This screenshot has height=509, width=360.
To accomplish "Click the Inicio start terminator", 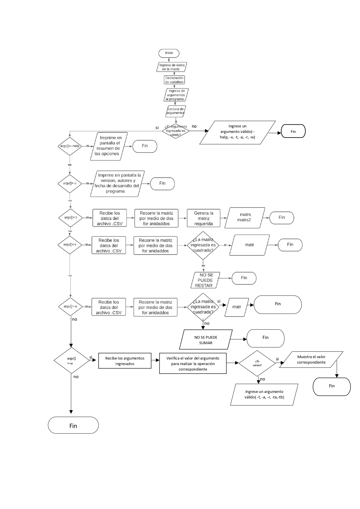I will point(169,53).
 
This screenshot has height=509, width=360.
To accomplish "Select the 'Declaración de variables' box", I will point(174,80).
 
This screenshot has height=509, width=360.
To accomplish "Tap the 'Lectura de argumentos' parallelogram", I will point(176,111).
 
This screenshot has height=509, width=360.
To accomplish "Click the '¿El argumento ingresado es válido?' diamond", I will point(176,131).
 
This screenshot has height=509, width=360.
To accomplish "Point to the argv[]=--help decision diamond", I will point(70,146).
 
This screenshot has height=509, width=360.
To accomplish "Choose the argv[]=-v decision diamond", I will point(70,183).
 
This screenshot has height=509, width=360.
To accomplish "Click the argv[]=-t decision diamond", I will point(70,217).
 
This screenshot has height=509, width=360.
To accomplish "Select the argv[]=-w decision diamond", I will point(71,360).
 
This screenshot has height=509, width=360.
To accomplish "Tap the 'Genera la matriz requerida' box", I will point(203,218).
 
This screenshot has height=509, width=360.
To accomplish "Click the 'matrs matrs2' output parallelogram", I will point(245,217).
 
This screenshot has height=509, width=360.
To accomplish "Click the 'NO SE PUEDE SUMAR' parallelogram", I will point(206,340).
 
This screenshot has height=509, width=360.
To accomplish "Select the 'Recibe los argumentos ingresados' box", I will point(125,361).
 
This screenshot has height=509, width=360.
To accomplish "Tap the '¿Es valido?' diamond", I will point(257,363).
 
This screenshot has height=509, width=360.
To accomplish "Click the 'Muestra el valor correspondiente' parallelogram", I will point(311,360).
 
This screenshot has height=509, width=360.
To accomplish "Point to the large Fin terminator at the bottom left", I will point(73,425).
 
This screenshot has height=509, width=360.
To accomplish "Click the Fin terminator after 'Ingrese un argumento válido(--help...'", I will point(293,131).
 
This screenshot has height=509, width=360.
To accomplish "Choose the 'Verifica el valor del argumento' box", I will point(193,363).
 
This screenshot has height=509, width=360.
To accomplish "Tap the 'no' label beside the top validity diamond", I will point(194,126).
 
